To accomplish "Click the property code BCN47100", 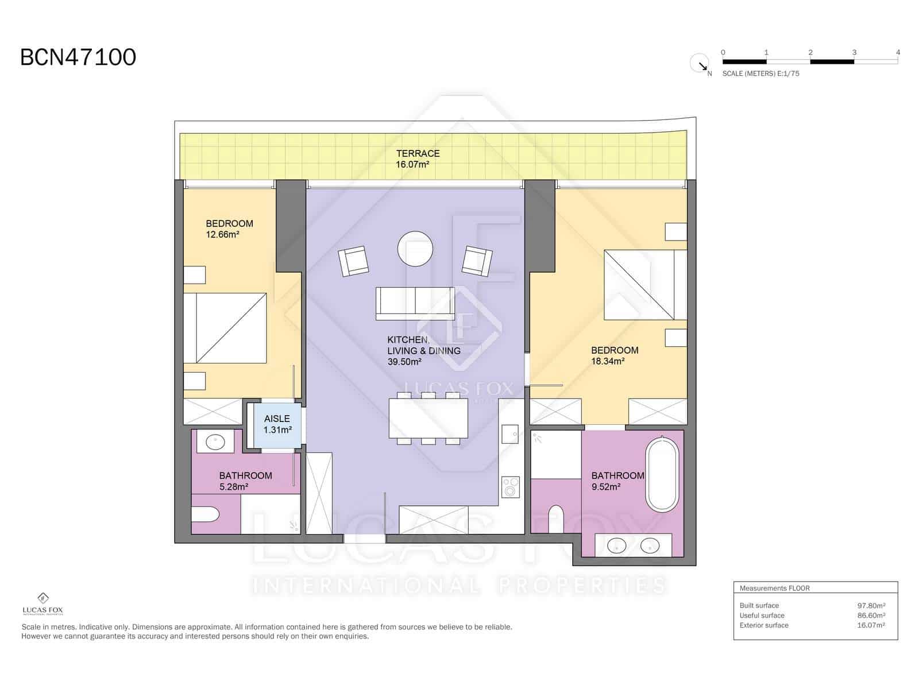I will pos(78,57).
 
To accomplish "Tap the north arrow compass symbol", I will pos(699,63).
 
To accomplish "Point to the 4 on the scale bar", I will pos(898,52).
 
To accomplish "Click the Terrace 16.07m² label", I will pos(418,158).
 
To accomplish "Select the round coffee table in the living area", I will pos(415,249).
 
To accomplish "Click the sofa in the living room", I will pos(415,303).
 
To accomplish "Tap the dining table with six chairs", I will pos(428,418).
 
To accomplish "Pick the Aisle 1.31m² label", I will pos(277,424).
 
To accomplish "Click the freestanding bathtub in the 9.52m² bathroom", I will pos(662,474).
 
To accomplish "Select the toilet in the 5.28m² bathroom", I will pos(204,514).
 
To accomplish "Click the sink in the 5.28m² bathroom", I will pos(215,442).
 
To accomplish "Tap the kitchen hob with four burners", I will pos(511,487).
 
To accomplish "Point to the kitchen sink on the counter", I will pos(509,434).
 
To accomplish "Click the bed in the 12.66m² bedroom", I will pos(225,328).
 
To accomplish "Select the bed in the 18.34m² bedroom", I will pos(645,284).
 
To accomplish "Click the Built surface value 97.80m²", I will pos(871,605).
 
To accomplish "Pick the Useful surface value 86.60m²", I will pos(871,615).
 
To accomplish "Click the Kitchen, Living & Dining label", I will pos(423,350).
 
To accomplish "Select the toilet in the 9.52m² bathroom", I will pos(555,518).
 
